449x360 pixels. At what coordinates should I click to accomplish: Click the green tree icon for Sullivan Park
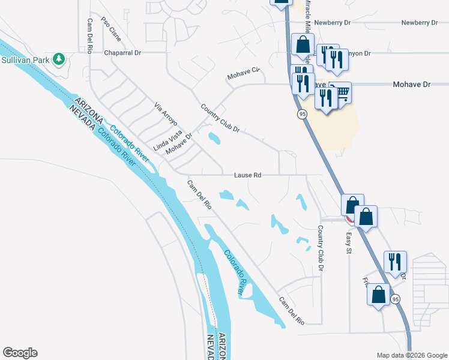click(58, 59)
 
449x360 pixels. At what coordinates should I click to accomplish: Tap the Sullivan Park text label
click(26, 60)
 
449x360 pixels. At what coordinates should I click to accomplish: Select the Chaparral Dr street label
click(122, 53)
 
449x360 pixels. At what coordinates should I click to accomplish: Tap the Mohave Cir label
click(245, 74)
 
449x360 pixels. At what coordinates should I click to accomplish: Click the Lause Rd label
click(248, 175)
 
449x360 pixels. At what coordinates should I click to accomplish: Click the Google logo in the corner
click(20, 353)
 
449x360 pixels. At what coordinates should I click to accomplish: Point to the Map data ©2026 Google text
click(412, 355)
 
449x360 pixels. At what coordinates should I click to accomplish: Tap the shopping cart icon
click(343, 92)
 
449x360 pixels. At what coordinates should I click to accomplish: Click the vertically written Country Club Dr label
click(321, 248)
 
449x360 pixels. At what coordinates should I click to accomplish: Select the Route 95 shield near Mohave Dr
click(302, 114)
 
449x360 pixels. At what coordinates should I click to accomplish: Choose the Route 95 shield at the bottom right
click(395, 299)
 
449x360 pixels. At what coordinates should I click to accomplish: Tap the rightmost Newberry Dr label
click(420, 22)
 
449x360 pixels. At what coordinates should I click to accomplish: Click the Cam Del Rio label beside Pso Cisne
click(89, 35)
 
